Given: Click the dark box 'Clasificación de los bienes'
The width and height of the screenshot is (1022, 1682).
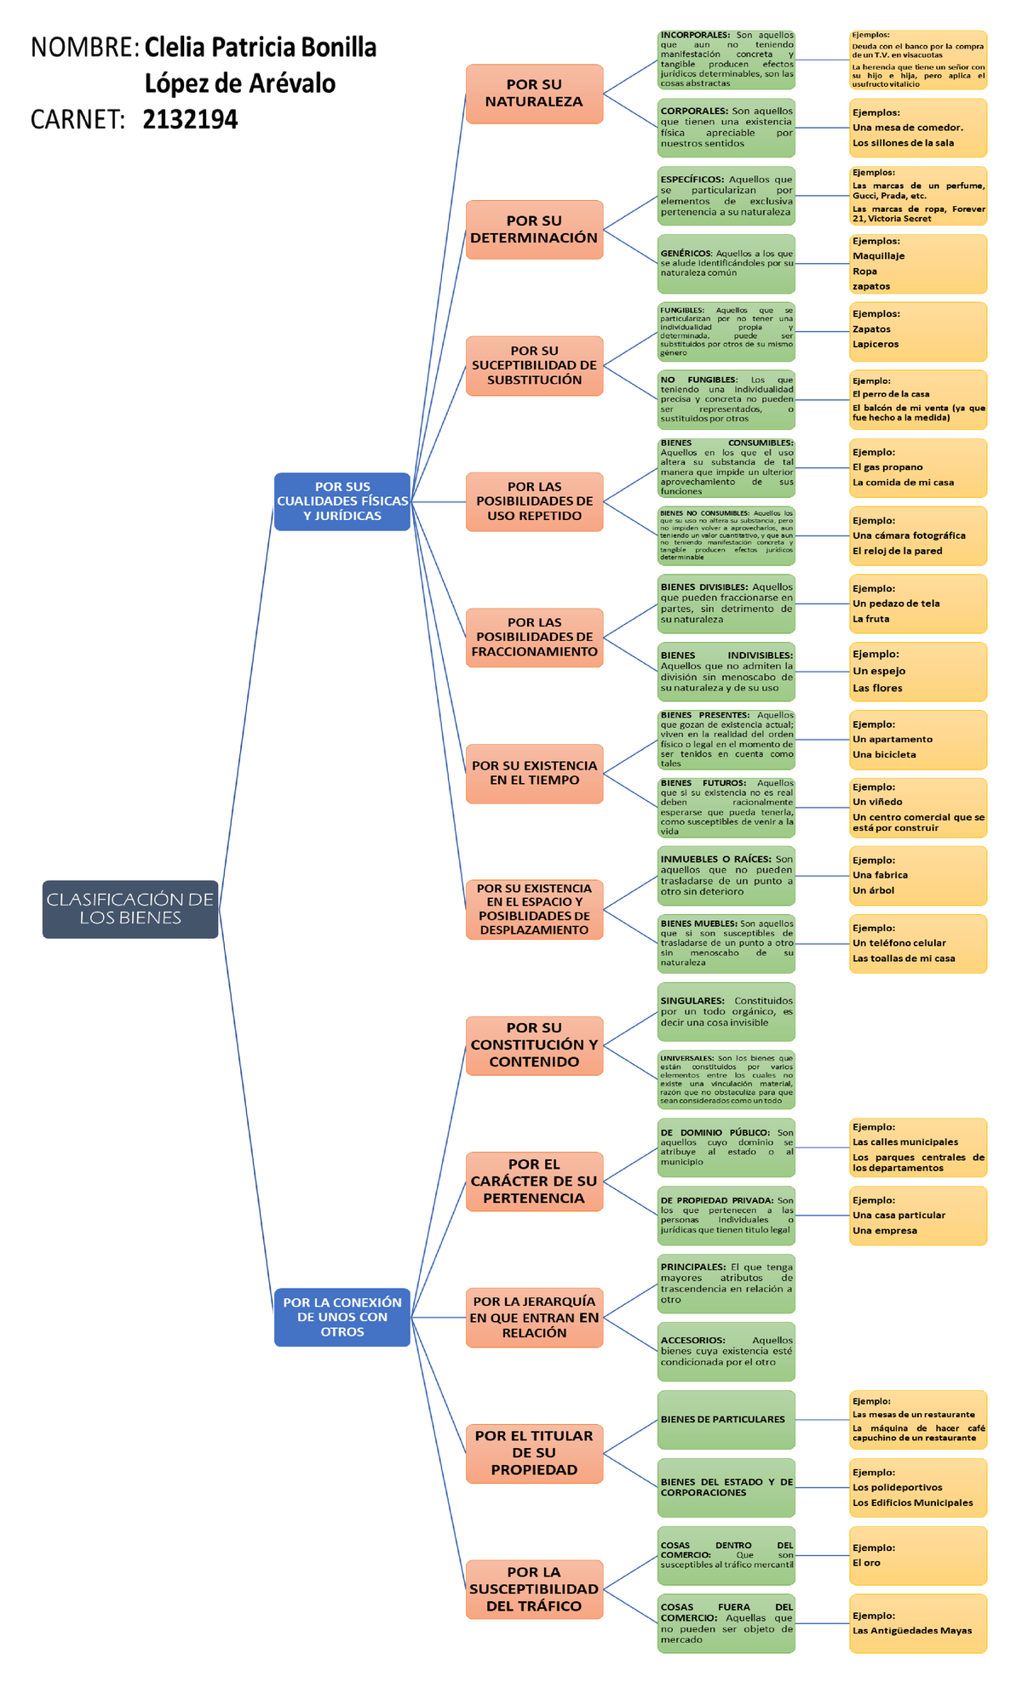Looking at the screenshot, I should tap(130, 909).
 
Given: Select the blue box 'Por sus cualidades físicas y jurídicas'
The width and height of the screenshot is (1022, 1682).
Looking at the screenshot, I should tap(342, 501).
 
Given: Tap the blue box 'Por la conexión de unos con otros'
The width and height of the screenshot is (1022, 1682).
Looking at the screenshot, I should tap(342, 1317).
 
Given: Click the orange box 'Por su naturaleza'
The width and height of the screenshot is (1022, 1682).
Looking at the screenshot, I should tap(534, 94).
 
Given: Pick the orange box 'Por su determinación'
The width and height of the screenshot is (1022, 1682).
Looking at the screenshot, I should tap(534, 230).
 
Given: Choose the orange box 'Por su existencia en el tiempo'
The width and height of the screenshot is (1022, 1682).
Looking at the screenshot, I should tap(534, 773).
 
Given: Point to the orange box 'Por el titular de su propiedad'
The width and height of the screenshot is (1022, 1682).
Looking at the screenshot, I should tap(534, 1453).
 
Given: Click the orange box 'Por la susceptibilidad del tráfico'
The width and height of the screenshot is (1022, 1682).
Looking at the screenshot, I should tap(534, 1589).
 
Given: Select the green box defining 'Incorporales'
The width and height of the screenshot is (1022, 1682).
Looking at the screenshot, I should tap(726, 60).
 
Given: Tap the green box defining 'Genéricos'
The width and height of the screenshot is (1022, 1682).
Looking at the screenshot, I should tap(726, 264).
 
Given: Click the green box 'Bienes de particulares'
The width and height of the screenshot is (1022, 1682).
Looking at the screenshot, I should tap(726, 1420).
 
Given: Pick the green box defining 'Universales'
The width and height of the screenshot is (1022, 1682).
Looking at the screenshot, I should tap(726, 1079).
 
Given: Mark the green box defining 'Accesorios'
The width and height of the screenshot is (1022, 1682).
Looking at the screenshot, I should tap(726, 1351).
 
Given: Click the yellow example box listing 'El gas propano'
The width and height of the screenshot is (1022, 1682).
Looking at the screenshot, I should tap(918, 467).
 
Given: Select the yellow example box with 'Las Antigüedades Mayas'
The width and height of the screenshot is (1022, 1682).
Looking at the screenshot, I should tap(918, 1623).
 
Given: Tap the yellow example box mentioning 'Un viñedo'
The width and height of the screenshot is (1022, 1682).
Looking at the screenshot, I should tap(918, 807).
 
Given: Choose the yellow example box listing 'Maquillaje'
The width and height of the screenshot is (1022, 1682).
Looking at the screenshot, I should tap(918, 264).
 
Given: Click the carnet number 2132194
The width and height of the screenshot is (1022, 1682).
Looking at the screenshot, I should tap(190, 120).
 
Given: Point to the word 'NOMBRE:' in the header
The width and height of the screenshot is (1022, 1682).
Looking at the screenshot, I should tap(84, 48).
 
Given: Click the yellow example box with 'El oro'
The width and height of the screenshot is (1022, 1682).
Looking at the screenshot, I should tap(918, 1555).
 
